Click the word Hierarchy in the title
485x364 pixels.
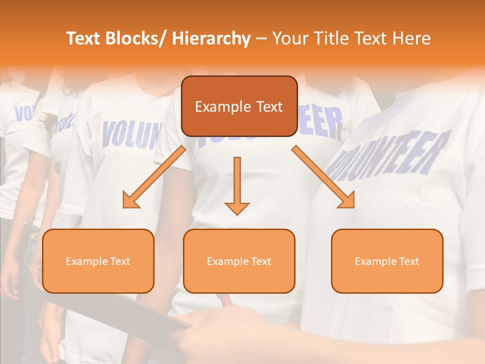click(x=211, y=38)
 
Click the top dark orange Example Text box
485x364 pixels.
click(x=239, y=106)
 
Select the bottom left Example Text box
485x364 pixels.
click(x=98, y=261)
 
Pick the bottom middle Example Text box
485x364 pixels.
click(x=239, y=261)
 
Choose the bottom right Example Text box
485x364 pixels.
click(x=387, y=261)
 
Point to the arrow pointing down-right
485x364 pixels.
click(x=323, y=177)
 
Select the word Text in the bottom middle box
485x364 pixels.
click(x=260, y=261)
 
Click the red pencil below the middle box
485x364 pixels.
click(x=225, y=300)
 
